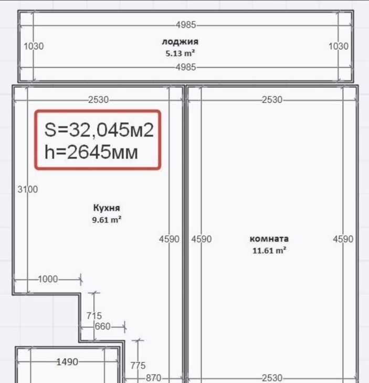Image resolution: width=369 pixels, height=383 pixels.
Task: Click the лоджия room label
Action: click(180, 42)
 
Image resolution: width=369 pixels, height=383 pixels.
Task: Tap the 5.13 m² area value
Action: click(180, 53)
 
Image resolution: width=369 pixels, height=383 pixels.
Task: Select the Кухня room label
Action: click(107, 208)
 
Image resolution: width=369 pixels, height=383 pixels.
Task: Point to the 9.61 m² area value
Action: click(107, 220)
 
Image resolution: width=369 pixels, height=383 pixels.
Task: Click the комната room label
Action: click(269, 239)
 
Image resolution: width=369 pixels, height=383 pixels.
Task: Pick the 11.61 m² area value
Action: click(269, 251)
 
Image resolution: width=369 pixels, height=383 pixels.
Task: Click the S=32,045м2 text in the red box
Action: click(99, 130)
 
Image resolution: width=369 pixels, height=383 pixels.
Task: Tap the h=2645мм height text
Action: click(91, 152)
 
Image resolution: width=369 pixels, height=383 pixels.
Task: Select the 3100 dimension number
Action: click(28, 189)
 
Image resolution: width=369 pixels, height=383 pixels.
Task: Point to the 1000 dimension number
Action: click(48, 279)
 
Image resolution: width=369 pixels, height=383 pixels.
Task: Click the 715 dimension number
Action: click(94, 316)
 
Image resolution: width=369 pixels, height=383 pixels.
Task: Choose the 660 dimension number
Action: click(103, 326)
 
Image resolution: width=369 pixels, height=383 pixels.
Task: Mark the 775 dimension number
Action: click(138, 366)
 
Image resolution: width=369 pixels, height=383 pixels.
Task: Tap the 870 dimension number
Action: click(153, 378)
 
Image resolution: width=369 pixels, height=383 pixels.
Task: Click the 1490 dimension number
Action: click(67, 361)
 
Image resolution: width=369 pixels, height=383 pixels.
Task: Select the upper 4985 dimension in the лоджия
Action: click(186, 25)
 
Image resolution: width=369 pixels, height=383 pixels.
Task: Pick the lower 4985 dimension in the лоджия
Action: click(186, 67)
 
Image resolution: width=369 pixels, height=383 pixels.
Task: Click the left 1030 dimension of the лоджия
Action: click(34, 46)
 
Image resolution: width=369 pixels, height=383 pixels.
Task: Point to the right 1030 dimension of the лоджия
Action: click(339, 46)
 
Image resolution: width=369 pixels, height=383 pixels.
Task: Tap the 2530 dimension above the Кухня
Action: click(99, 100)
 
